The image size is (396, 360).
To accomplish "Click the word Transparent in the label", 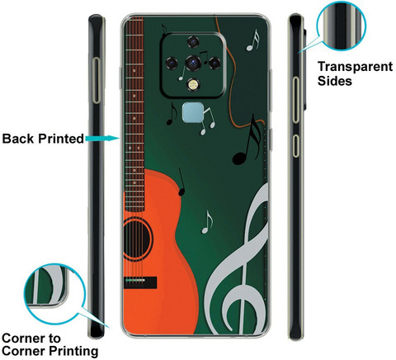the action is (x=355, y=67).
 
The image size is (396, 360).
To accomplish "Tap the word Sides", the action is (x=335, y=81).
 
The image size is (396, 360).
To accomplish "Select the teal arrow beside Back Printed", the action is (x=102, y=138).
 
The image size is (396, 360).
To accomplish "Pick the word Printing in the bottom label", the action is (x=73, y=351).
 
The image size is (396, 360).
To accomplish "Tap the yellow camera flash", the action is (x=193, y=85).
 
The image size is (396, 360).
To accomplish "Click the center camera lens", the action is (x=193, y=63).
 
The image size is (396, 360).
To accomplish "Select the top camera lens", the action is (x=193, y=42).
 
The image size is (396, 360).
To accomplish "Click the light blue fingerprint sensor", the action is (x=193, y=112).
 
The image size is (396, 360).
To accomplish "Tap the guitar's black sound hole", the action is (x=137, y=239).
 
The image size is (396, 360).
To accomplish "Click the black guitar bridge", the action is (x=140, y=282).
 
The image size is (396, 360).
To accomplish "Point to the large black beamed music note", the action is (x=247, y=140).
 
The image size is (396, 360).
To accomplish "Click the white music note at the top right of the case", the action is (x=252, y=40).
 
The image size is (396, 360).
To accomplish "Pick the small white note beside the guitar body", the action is (x=207, y=222).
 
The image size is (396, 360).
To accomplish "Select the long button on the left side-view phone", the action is (x=97, y=80).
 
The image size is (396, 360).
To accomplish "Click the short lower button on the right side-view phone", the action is (x=295, y=146).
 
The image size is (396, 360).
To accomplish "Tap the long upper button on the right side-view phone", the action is (x=295, y=100).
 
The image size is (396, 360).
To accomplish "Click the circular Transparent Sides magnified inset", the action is (x=341, y=26).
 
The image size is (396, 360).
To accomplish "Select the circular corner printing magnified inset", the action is (x=54, y=295).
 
